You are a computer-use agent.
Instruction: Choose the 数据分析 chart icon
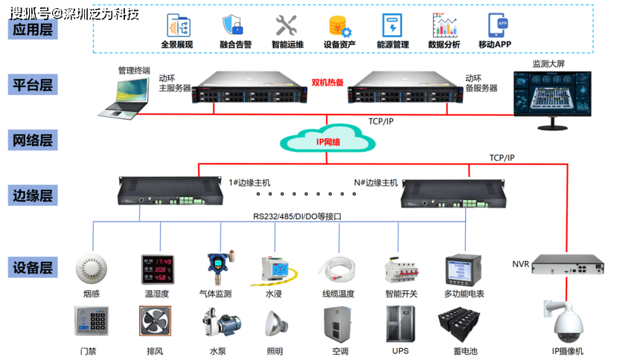pyautogui.click(x=444, y=25)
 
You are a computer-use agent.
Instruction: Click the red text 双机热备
pyautogui.click(x=327, y=83)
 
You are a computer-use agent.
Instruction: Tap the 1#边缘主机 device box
pyautogui.click(x=170, y=190)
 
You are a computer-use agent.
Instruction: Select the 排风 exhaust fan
pyautogui.click(x=156, y=323)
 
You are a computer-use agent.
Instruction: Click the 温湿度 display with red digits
pyautogui.click(x=156, y=269)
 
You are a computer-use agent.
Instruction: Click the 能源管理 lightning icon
pyautogui.click(x=392, y=25)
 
